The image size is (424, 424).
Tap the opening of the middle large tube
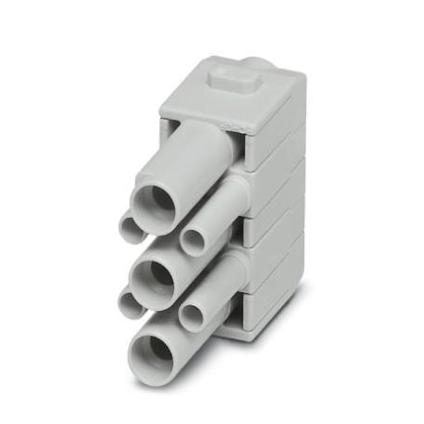click(x=153, y=277)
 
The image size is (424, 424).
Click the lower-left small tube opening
click(x=130, y=302)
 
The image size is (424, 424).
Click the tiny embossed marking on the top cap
click(x=230, y=123)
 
